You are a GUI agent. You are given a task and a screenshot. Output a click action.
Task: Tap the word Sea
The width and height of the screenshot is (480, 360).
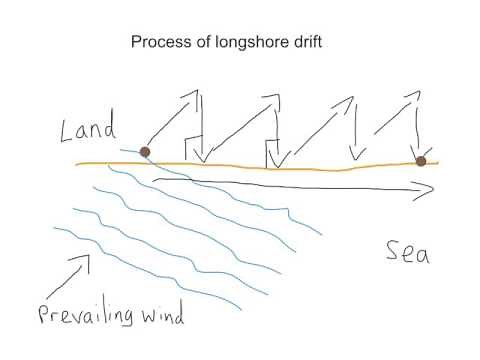(x=408, y=254)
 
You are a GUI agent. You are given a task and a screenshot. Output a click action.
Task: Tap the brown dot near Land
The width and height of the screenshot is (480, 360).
(x=145, y=152)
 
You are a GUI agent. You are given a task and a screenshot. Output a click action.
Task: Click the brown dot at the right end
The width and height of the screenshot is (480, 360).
(x=421, y=161)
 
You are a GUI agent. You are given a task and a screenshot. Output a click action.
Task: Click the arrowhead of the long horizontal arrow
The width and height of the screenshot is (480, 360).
(x=432, y=186)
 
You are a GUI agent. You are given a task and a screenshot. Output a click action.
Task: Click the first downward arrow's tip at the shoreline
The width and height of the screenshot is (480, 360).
(x=201, y=160)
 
